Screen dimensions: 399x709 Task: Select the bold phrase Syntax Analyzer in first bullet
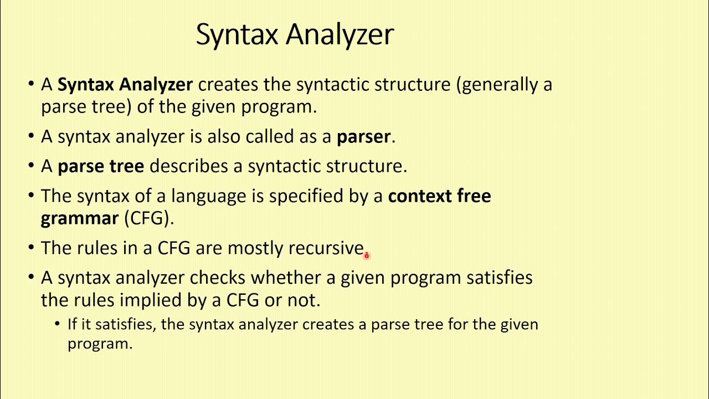[125, 85]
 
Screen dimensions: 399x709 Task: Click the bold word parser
[364, 137]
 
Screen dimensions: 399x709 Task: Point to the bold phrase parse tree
[101, 166]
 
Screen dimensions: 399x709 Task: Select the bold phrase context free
[439, 196]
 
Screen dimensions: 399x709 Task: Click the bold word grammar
[80, 218]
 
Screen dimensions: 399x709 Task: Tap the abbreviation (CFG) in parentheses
[149, 218]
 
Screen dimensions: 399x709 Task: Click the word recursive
[326, 248]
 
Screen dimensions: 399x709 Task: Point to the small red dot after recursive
[366, 255]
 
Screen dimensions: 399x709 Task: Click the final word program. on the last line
[100, 344]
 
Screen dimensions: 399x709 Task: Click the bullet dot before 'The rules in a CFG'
[30, 248]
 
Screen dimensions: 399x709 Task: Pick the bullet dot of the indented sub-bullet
[58, 324]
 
